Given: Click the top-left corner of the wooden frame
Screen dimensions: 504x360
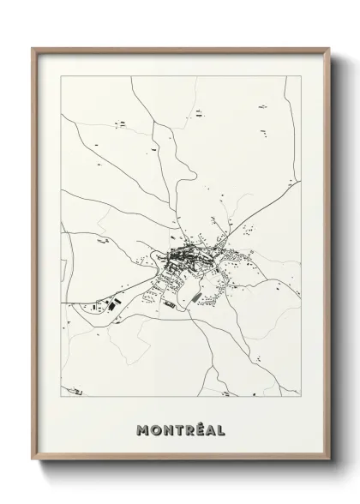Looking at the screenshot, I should [x=33, y=48].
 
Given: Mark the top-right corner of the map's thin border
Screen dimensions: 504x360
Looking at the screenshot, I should [x=301, y=76].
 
